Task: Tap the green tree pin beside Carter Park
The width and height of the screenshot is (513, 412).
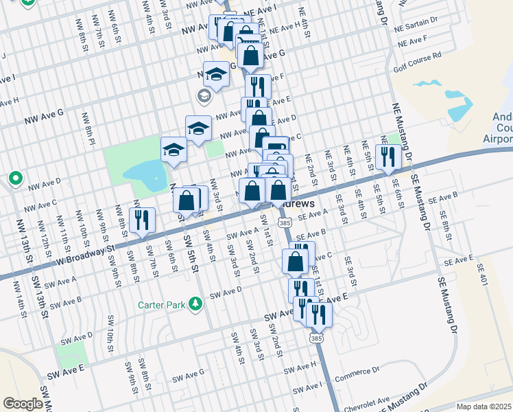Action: tap(196, 303)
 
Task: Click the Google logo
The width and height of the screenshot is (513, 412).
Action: tap(23, 404)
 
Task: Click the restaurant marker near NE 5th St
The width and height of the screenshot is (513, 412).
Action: tap(388, 157)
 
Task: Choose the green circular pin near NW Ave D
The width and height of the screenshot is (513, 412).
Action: tap(16, 179)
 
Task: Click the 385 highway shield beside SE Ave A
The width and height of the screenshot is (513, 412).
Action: tap(285, 224)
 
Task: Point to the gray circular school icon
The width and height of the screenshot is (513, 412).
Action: tap(204, 95)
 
